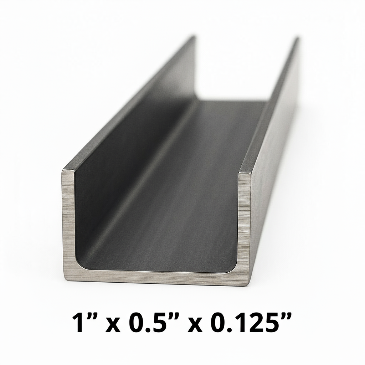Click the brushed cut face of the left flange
coord(68,221)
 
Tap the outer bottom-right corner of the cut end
coord(251,283)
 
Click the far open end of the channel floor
coord(232,102)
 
